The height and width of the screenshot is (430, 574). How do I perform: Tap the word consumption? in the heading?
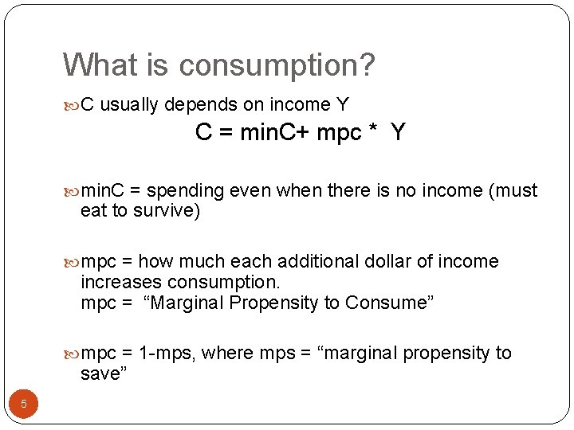pyautogui.click(x=276, y=65)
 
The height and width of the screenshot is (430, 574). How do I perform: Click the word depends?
pyautogui.click(x=198, y=104)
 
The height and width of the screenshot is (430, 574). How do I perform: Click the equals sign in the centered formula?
pyautogui.click(x=224, y=133)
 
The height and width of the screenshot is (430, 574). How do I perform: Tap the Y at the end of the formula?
pyautogui.click(x=398, y=133)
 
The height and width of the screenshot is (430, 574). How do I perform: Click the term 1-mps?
pyautogui.click(x=167, y=354)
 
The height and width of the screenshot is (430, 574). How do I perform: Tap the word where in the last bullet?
pyautogui.click(x=227, y=353)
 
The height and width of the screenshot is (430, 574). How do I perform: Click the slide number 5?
pyautogui.click(x=24, y=405)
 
